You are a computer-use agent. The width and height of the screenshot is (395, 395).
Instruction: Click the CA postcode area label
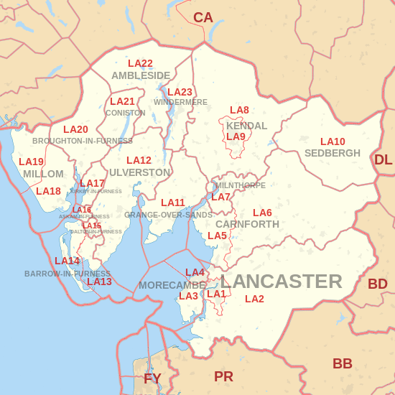[x=203, y=17]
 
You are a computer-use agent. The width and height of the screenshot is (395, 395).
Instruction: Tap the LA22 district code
[x=140, y=64]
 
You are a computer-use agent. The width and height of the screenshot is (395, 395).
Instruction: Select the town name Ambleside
[x=141, y=75]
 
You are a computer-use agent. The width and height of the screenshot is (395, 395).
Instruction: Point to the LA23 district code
[x=180, y=92]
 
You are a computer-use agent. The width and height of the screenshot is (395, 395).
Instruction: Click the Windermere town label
[x=180, y=102]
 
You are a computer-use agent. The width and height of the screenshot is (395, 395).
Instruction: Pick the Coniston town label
[x=125, y=113]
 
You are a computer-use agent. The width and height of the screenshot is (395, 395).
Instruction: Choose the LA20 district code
[x=75, y=130]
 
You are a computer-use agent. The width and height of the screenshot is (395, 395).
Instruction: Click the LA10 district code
[x=333, y=142]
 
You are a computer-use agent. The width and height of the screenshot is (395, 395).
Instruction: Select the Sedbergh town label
[x=333, y=153]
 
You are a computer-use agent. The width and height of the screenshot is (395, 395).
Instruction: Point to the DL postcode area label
[x=384, y=159]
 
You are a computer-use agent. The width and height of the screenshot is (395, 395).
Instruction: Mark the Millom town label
[x=43, y=174]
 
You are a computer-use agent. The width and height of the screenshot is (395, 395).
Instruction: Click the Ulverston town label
[x=140, y=172]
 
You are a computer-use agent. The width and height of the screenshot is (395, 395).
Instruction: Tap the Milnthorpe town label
[x=240, y=185]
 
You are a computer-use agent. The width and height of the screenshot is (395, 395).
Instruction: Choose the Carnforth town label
[x=247, y=224]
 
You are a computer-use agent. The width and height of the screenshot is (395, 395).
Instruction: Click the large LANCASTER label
[x=281, y=281]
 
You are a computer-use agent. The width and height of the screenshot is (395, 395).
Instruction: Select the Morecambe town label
[x=172, y=285]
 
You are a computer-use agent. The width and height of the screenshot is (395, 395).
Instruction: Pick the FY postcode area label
[x=152, y=378]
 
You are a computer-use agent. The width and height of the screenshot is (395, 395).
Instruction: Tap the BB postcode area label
[x=343, y=363]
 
